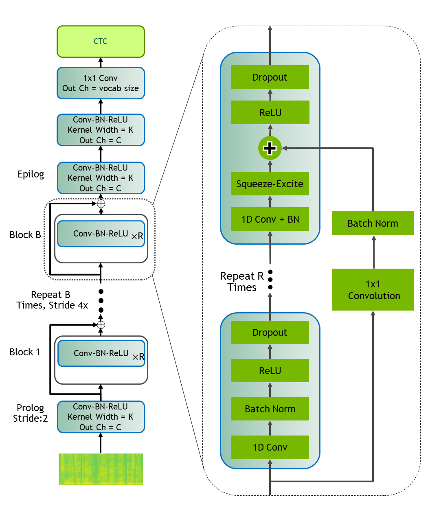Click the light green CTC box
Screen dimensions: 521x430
101,42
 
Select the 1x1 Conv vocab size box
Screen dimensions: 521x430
101,83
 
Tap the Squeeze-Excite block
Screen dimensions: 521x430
270,184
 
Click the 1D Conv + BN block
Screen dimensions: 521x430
270,219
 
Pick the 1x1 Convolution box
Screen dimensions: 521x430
373,290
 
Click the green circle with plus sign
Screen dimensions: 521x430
270,148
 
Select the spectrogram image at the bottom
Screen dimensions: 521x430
101,469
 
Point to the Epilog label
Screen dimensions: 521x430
31,174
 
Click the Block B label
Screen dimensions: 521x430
25,235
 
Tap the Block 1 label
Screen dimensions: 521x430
24,352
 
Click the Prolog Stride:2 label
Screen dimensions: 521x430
30,413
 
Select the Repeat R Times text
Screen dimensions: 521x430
242,282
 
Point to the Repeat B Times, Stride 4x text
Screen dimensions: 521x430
52,300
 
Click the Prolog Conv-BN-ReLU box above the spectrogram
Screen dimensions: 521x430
101,417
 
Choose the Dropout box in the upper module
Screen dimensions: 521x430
270,77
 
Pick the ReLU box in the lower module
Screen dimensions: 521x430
270,371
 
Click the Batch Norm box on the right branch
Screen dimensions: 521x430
373,223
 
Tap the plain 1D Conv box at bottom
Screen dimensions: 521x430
270,447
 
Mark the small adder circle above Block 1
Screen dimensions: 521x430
101,325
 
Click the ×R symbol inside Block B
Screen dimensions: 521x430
137,236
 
